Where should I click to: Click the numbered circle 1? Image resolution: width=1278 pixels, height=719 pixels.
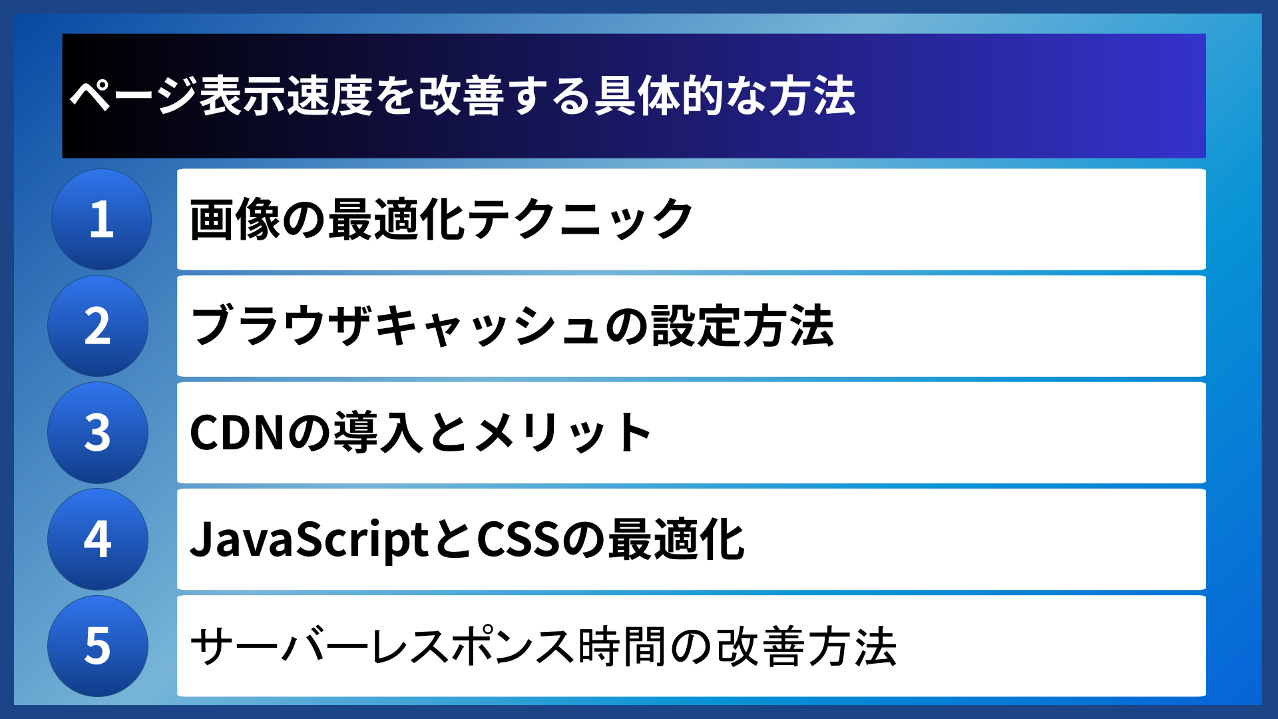(x=101, y=219)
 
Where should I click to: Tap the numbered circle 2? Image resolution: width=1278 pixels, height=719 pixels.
(x=98, y=326)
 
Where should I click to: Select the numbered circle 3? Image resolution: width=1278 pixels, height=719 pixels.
(x=98, y=433)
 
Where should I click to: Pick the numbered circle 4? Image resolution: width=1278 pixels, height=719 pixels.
(x=98, y=539)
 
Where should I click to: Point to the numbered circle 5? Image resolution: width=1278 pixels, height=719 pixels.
(x=98, y=646)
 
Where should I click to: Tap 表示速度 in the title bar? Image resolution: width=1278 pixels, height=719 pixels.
(x=286, y=96)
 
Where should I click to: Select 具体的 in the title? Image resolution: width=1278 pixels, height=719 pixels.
(x=659, y=96)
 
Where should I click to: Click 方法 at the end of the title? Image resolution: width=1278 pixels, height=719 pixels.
(x=812, y=96)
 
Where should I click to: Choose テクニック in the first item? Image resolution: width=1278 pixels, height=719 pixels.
(x=579, y=220)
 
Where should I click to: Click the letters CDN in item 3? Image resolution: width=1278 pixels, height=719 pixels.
(x=236, y=433)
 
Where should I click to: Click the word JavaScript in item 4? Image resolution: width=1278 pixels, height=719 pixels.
(x=310, y=539)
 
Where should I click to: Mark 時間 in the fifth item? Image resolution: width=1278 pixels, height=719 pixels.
(x=622, y=646)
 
